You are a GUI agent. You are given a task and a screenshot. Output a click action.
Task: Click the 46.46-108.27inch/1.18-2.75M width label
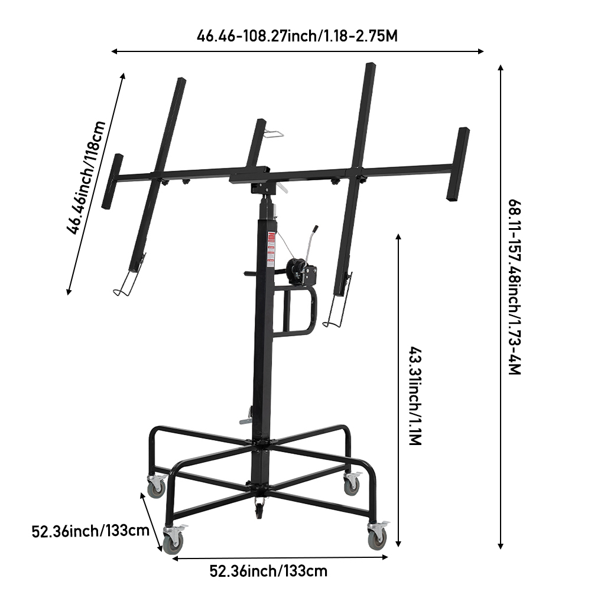297,36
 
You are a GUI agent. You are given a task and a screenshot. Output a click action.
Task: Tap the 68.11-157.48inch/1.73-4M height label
515,287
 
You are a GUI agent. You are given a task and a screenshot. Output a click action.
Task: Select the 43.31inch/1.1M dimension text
415,396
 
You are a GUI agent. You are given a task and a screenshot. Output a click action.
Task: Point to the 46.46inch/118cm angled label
86,177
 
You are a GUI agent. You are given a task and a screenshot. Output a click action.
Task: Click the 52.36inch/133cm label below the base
268,571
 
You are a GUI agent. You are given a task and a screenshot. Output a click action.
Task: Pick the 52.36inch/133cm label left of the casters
90,531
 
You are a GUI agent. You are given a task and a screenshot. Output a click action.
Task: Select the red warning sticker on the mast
271,249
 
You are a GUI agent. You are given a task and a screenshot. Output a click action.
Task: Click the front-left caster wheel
173,541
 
